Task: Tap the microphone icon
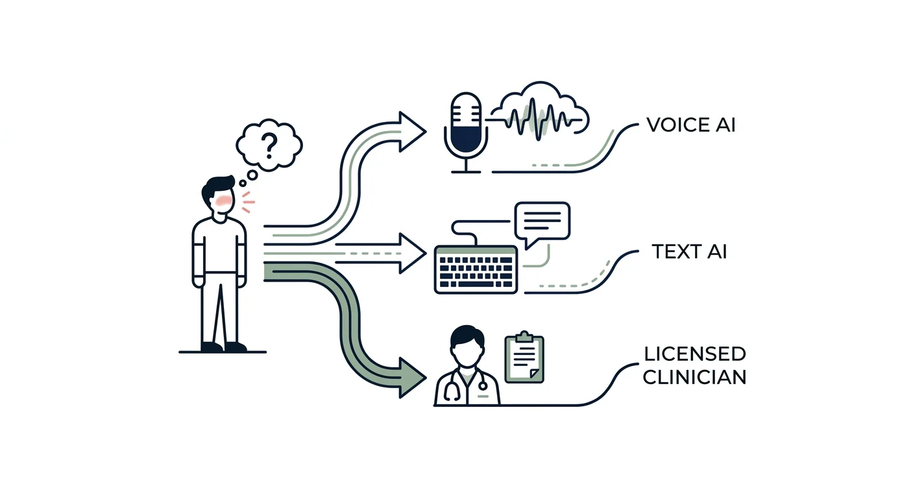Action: tap(466, 132)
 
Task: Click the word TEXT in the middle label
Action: tap(675, 252)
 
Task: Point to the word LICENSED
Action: tap(695, 354)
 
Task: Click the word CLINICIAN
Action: tap(695, 377)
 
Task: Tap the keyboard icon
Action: tap(476, 270)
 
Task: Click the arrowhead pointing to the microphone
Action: tap(411, 132)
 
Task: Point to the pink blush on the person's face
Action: tap(223, 201)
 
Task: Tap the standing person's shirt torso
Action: tap(219, 247)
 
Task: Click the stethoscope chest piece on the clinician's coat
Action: tap(482, 385)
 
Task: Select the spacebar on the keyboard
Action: tap(476, 284)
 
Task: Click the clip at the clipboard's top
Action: tap(524, 337)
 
